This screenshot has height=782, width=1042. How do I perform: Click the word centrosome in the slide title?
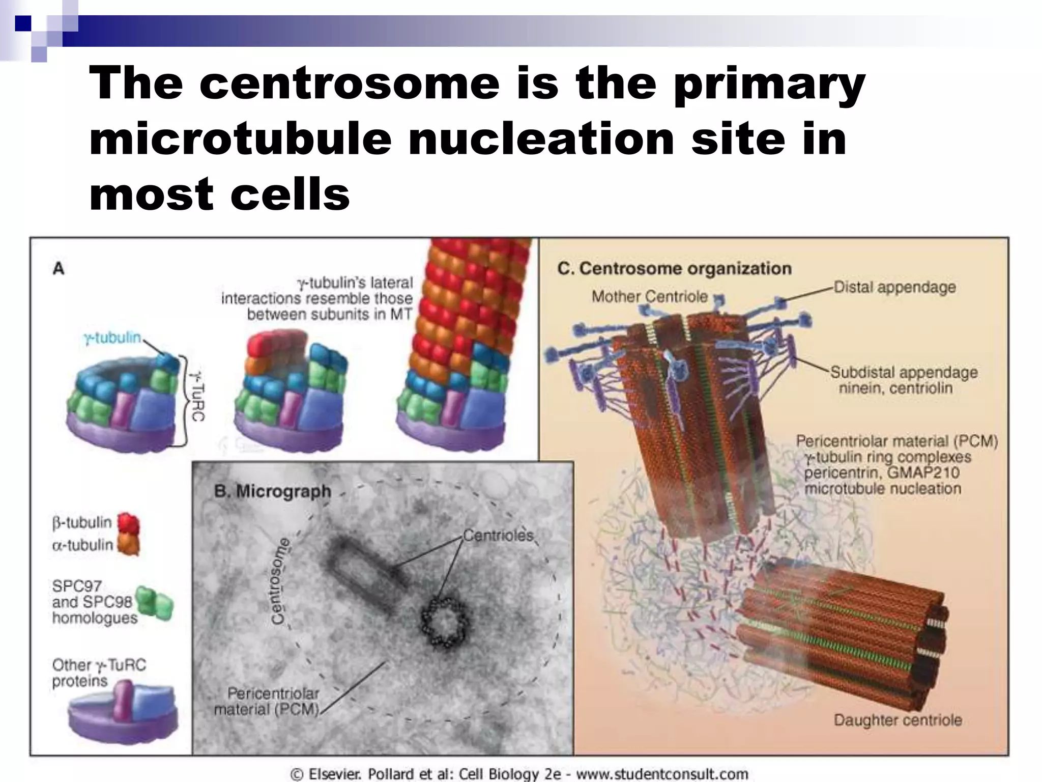(x=350, y=83)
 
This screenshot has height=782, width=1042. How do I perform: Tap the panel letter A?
(x=59, y=268)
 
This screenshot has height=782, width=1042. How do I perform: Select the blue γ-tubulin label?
(x=112, y=338)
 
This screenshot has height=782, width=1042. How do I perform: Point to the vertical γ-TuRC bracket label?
(x=197, y=397)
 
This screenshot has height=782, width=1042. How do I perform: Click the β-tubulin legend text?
(x=82, y=522)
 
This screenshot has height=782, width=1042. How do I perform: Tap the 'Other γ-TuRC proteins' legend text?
(x=99, y=673)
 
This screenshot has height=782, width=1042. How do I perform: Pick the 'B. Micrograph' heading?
(x=273, y=491)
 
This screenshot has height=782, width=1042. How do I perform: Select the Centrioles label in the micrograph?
(x=498, y=535)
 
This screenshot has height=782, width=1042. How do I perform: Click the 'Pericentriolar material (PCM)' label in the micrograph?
(x=267, y=701)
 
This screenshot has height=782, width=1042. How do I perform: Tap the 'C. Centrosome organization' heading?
(x=674, y=268)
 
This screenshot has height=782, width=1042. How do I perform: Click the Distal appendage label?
(x=894, y=287)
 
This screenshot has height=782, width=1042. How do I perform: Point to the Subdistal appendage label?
(x=904, y=372)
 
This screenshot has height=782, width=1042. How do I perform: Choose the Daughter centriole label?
(x=898, y=720)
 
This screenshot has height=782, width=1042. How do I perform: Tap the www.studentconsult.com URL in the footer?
(x=661, y=774)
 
